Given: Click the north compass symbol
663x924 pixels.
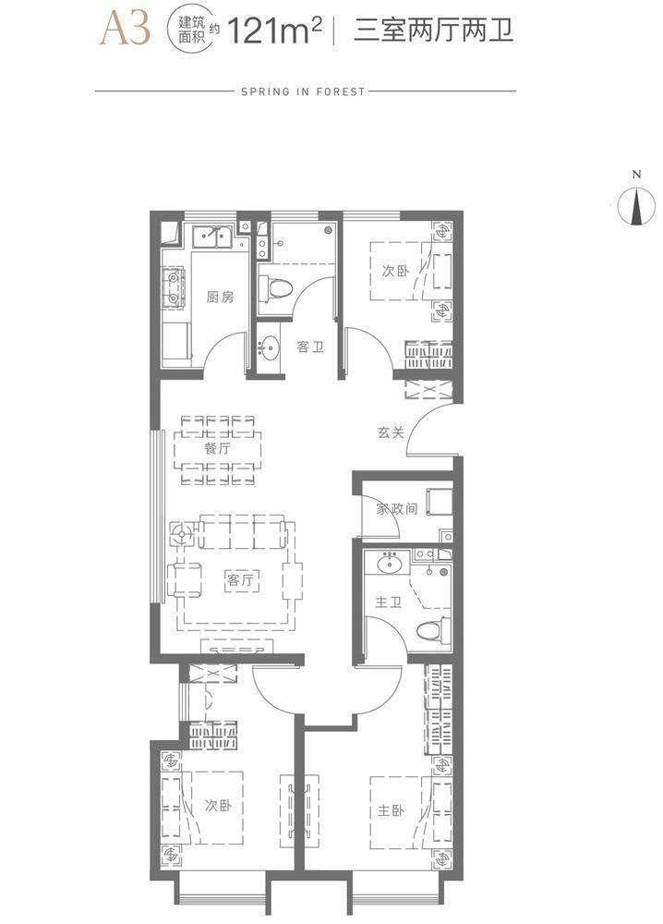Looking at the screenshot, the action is pyautogui.click(x=636, y=206).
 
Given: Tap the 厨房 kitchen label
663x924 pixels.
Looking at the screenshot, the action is pyautogui.click(x=220, y=297).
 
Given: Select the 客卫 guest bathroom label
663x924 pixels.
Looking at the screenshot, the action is pyautogui.click(x=310, y=346).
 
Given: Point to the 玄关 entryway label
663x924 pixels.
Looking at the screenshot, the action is pyautogui.click(x=391, y=432).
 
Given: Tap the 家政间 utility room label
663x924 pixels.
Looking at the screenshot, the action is pyautogui.click(x=397, y=508).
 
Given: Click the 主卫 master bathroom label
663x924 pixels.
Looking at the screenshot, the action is pyautogui.click(x=389, y=602).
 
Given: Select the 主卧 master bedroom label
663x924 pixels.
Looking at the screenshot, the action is pyautogui.click(x=391, y=811).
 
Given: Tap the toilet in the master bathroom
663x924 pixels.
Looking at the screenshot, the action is pyautogui.click(x=433, y=631).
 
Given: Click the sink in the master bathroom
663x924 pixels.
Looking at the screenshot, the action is pyautogui.click(x=389, y=564).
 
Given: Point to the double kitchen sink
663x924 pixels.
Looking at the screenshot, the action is pyautogui.click(x=214, y=237).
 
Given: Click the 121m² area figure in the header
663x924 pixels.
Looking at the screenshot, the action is pyautogui.click(x=275, y=30).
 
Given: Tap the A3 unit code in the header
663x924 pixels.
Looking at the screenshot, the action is pyautogui.click(x=126, y=29).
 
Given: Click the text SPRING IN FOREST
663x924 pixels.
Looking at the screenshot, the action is pyautogui.click(x=304, y=91).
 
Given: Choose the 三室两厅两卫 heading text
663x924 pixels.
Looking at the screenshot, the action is pyautogui.click(x=433, y=30).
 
